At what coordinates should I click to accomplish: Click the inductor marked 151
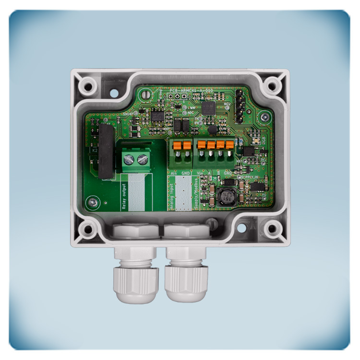click(225, 198)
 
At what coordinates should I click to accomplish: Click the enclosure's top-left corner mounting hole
click(87, 88)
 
